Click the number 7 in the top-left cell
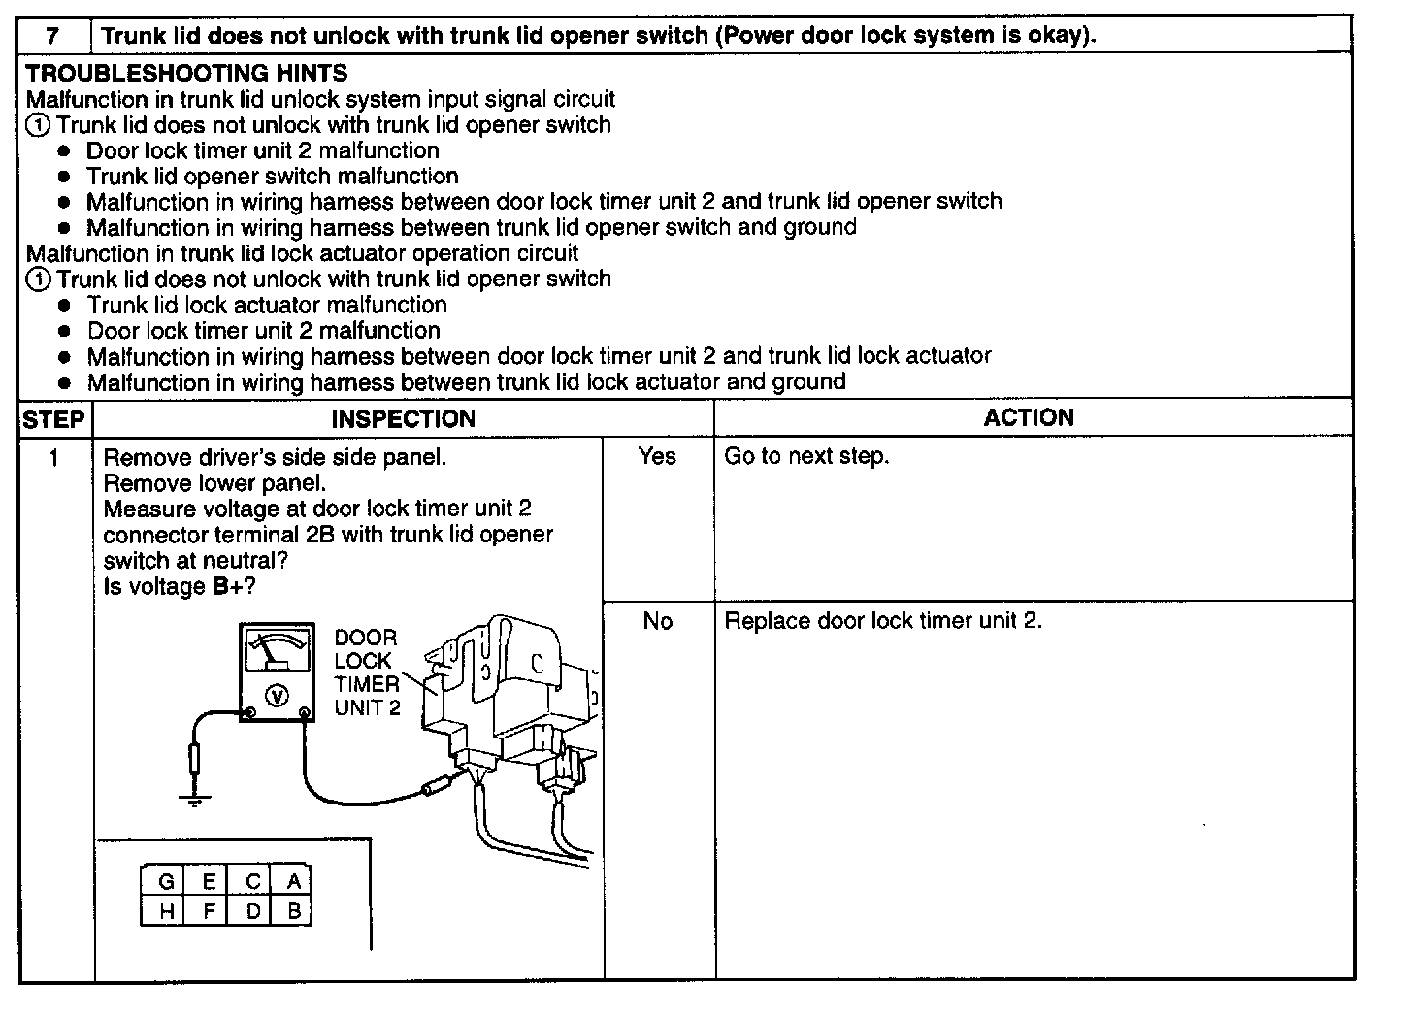pos(53,36)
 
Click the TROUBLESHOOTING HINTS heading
pos(186,73)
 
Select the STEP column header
pos(53,420)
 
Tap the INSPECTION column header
pos(403,419)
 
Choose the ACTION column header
pos(1029,418)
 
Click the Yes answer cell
pos(657,456)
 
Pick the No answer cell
pos(657,621)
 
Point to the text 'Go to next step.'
pos(806,456)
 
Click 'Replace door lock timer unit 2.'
pos(883,621)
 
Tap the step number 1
pos(54,457)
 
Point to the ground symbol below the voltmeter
pos(195,799)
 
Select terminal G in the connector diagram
pos(166,882)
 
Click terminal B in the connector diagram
pos(294,911)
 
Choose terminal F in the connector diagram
pos(210,911)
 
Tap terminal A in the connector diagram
pos(294,882)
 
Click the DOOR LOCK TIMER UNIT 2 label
pos(366,673)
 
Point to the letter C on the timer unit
pos(536,665)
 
